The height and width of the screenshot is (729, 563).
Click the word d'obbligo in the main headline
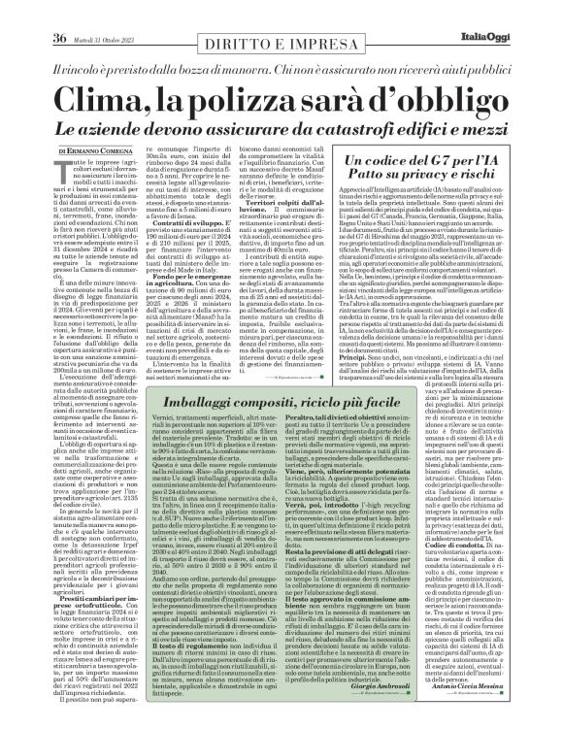pos(426,99)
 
